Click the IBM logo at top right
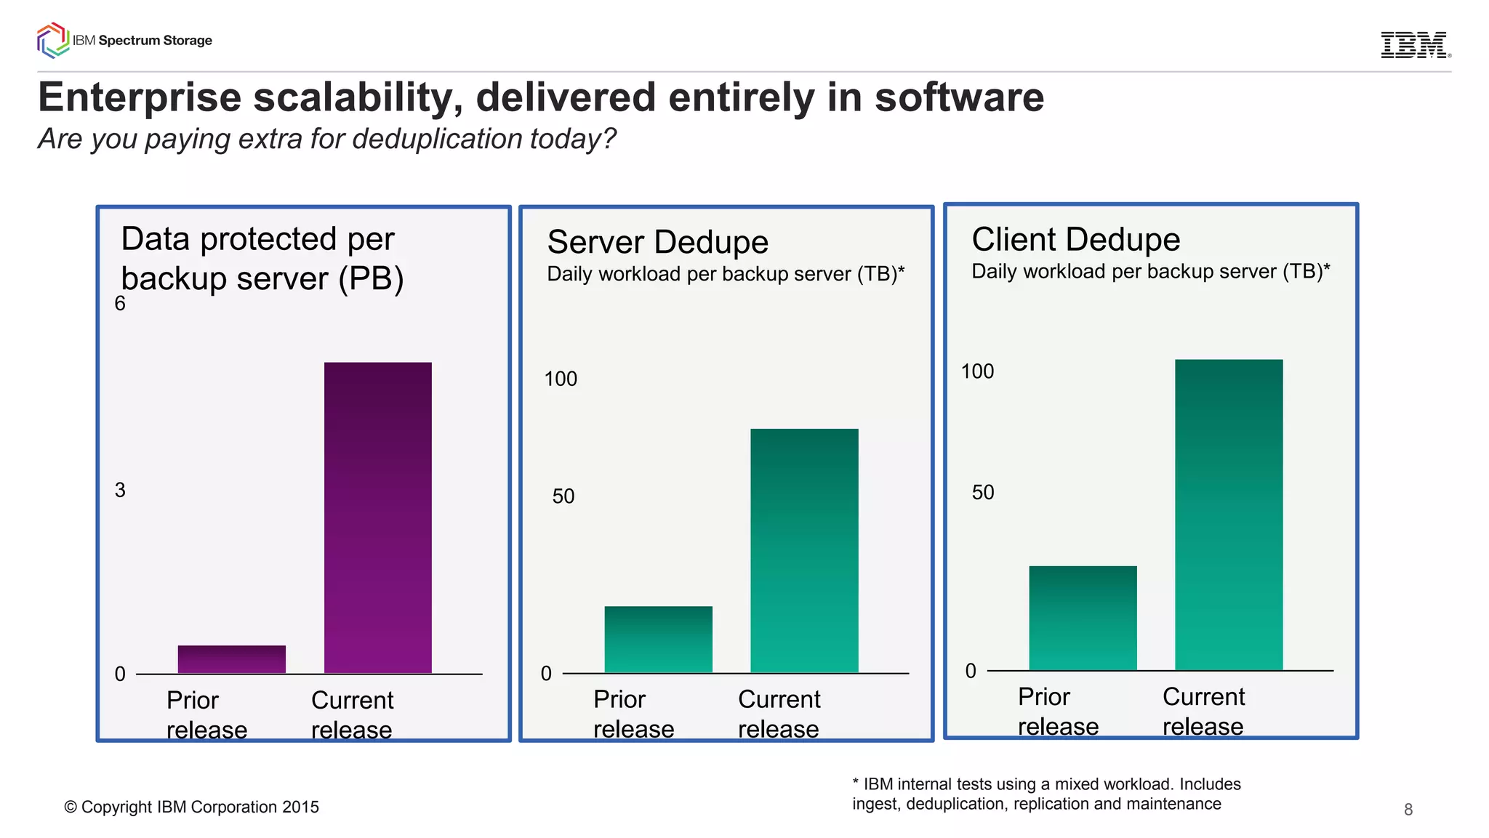coord(1414,45)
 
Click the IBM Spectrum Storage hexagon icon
coord(52,41)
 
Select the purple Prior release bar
coord(231,659)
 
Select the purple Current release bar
coord(377,517)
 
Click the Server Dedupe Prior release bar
coord(658,640)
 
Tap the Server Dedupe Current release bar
coord(804,551)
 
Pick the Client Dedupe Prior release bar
coord(1083,618)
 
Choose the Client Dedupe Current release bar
coord(1229,515)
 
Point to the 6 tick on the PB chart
coord(120,304)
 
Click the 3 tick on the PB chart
coord(120,491)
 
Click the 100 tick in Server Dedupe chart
coord(561,379)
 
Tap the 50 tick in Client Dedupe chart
coord(983,493)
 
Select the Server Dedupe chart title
coord(657,242)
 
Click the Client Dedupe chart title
coord(1075,239)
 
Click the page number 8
coord(1408,810)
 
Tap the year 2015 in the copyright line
coord(300,807)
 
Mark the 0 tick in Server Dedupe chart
coord(546,674)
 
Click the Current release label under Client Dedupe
coord(1203,711)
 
